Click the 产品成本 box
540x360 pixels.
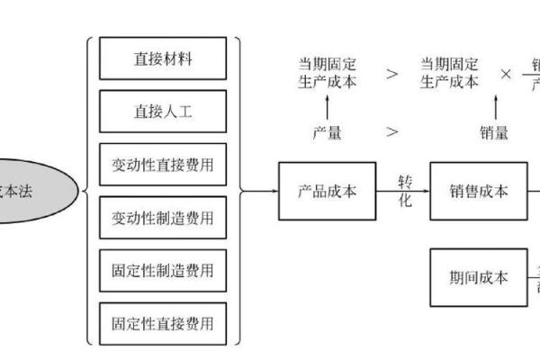tap(327, 191)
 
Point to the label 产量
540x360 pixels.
tap(327, 133)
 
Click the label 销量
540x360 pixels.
tap(494, 133)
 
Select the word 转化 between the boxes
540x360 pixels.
tap(405, 191)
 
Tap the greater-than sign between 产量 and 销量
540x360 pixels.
tap(392, 132)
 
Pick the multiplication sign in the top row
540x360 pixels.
tap(506, 73)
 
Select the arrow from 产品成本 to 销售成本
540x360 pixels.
tap(404, 191)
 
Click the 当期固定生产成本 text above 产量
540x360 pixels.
tap(327, 72)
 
